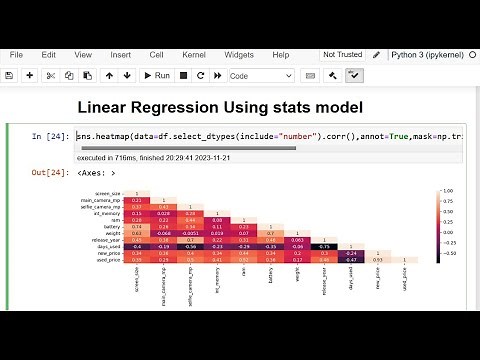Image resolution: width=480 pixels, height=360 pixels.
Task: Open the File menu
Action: point(16,54)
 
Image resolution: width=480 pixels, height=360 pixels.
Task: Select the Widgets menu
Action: point(240,54)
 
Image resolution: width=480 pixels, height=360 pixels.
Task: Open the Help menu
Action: point(281,54)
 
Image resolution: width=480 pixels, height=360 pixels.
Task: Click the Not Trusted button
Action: point(344,54)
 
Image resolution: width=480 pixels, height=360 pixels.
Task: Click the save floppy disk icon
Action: point(12,75)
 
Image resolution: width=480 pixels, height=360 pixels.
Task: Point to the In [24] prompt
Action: point(50,136)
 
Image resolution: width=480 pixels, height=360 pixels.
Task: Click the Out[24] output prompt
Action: point(50,174)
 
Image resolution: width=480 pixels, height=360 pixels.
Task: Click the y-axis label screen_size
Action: point(136,193)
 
